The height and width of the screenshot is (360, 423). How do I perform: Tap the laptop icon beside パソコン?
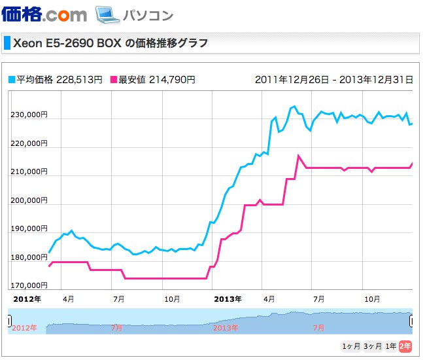click(x=105, y=14)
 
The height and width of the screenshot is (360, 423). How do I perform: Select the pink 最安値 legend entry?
click(x=155, y=80)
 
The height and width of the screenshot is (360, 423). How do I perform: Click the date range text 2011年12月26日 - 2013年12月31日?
click(x=333, y=80)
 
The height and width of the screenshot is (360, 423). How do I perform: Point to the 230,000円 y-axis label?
click(x=29, y=115)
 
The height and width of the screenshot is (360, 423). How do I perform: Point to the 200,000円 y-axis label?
click(x=29, y=200)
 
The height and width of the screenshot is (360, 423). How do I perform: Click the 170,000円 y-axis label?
click(x=29, y=285)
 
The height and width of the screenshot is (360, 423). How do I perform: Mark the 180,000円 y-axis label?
click(x=29, y=257)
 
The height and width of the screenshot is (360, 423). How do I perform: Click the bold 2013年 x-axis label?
click(x=228, y=298)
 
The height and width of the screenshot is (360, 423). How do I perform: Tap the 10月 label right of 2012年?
click(x=172, y=298)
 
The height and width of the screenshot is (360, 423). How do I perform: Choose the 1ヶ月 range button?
click(x=351, y=346)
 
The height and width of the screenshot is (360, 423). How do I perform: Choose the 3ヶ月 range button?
click(x=373, y=346)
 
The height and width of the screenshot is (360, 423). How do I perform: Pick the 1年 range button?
click(x=391, y=346)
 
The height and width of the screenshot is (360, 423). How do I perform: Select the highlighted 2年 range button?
click(x=406, y=346)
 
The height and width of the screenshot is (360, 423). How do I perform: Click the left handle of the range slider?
click(x=9, y=321)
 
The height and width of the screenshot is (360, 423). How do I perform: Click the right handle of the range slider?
click(x=412, y=321)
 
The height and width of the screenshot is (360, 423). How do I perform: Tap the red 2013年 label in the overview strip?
click(x=226, y=327)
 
